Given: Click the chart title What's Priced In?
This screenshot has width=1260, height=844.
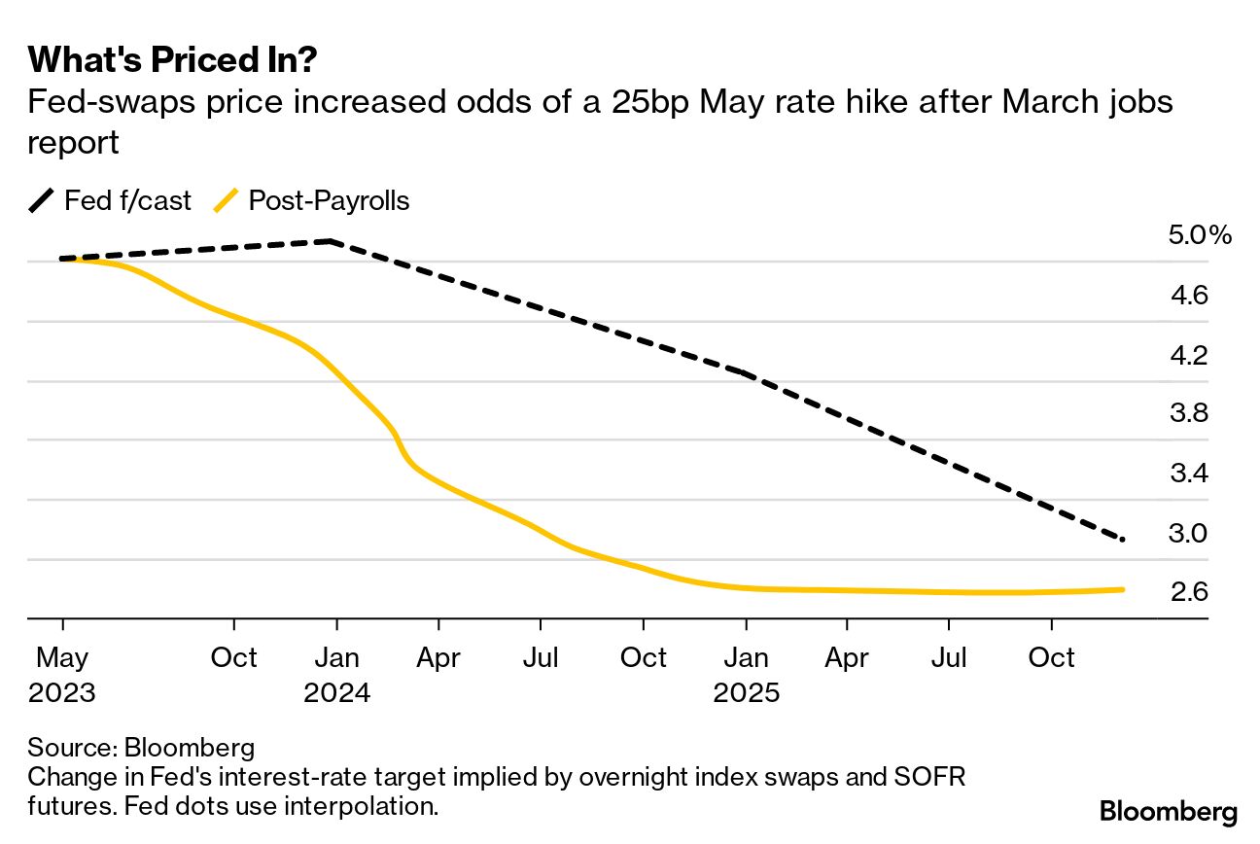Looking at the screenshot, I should [172, 60].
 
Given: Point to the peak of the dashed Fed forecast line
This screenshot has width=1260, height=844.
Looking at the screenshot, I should [332, 240].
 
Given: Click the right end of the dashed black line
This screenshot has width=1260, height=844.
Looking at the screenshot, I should [1124, 540].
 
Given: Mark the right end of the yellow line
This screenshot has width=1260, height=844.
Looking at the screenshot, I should [1124, 589].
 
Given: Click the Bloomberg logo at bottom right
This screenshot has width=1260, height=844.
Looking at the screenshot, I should [1168, 811].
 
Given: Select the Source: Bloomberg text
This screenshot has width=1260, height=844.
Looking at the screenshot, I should [141, 748].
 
